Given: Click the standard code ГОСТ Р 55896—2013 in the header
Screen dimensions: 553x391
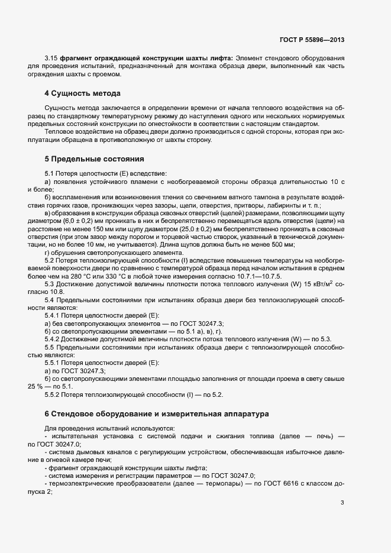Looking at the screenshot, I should click(311, 40).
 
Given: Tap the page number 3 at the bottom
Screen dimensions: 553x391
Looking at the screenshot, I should click(342, 503).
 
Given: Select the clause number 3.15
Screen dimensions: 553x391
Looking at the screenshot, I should click(51, 58).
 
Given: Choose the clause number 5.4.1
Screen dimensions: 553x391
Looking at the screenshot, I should click(54, 316).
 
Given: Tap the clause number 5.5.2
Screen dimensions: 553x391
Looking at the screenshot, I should click(54, 393).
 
